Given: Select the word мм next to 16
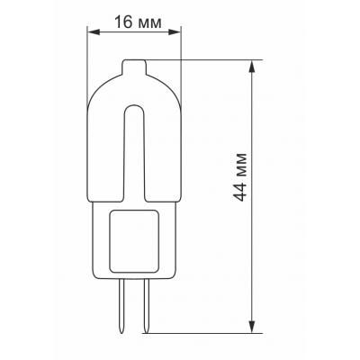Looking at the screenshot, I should click(x=148, y=22).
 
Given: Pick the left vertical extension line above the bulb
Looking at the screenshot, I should click(x=88, y=54).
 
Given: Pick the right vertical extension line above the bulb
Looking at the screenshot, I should click(x=180, y=54).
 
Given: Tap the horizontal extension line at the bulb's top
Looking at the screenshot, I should click(x=207, y=60).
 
